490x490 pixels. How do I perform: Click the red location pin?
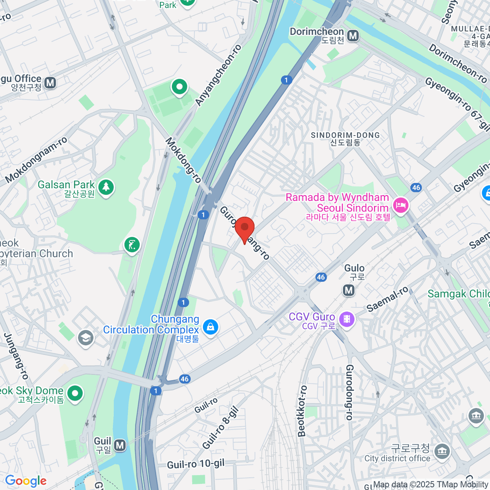[244, 229]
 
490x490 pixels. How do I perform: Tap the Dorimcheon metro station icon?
[353, 36]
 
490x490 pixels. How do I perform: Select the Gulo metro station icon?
[349, 290]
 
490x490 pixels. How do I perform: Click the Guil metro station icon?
[120, 445]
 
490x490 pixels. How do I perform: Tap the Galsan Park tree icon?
[106, 187]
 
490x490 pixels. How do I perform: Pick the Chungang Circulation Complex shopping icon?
[210, 327]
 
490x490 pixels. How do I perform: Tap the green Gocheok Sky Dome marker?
[75, 394]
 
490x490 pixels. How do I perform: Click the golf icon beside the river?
[132, 245]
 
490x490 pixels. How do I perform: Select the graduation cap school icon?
[86, 338]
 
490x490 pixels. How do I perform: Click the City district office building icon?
[442, 452]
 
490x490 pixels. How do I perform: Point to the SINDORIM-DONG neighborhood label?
[345, 136]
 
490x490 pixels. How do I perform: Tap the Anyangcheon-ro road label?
[218, 75]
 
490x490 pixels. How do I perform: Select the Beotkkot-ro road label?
[302, 411]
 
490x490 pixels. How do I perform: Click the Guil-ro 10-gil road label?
[196, 464]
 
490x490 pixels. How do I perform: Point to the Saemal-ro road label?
[387, 299]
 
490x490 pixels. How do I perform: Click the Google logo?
[26, 481]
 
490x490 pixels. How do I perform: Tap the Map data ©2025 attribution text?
[431, 485]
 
